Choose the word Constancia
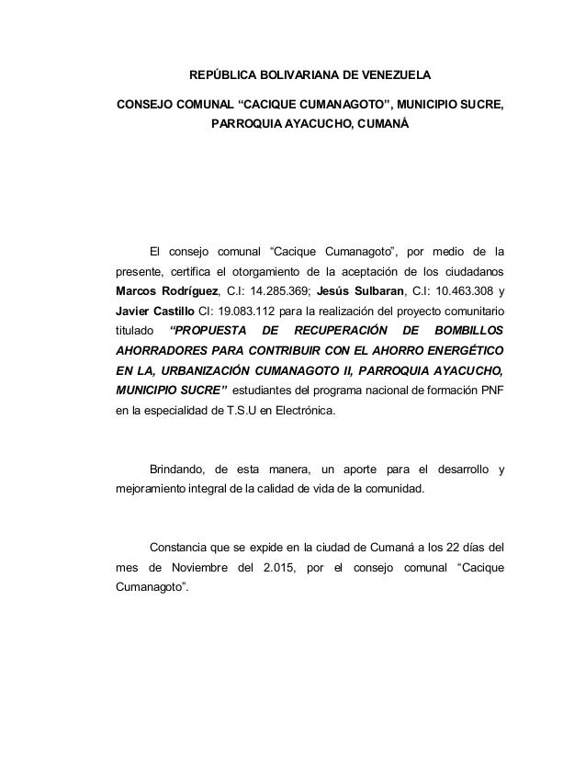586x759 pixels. click(183, 546)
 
